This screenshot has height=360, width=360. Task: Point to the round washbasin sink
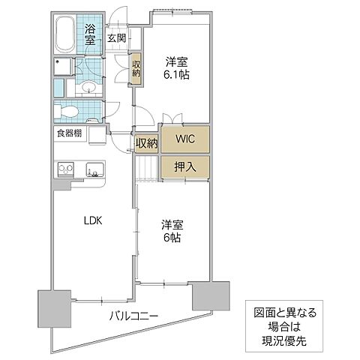pyautogui.click(x=88, y=87)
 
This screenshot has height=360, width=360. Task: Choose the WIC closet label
pyautogui.click(x=184, y=139)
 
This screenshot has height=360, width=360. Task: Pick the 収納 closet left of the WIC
pyautogui.click(x=146, y=142)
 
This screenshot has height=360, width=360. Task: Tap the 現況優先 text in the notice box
pyautogui.click(x=288, y=340)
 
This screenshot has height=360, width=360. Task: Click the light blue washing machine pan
pyautogui.click(x=64, y=67)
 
